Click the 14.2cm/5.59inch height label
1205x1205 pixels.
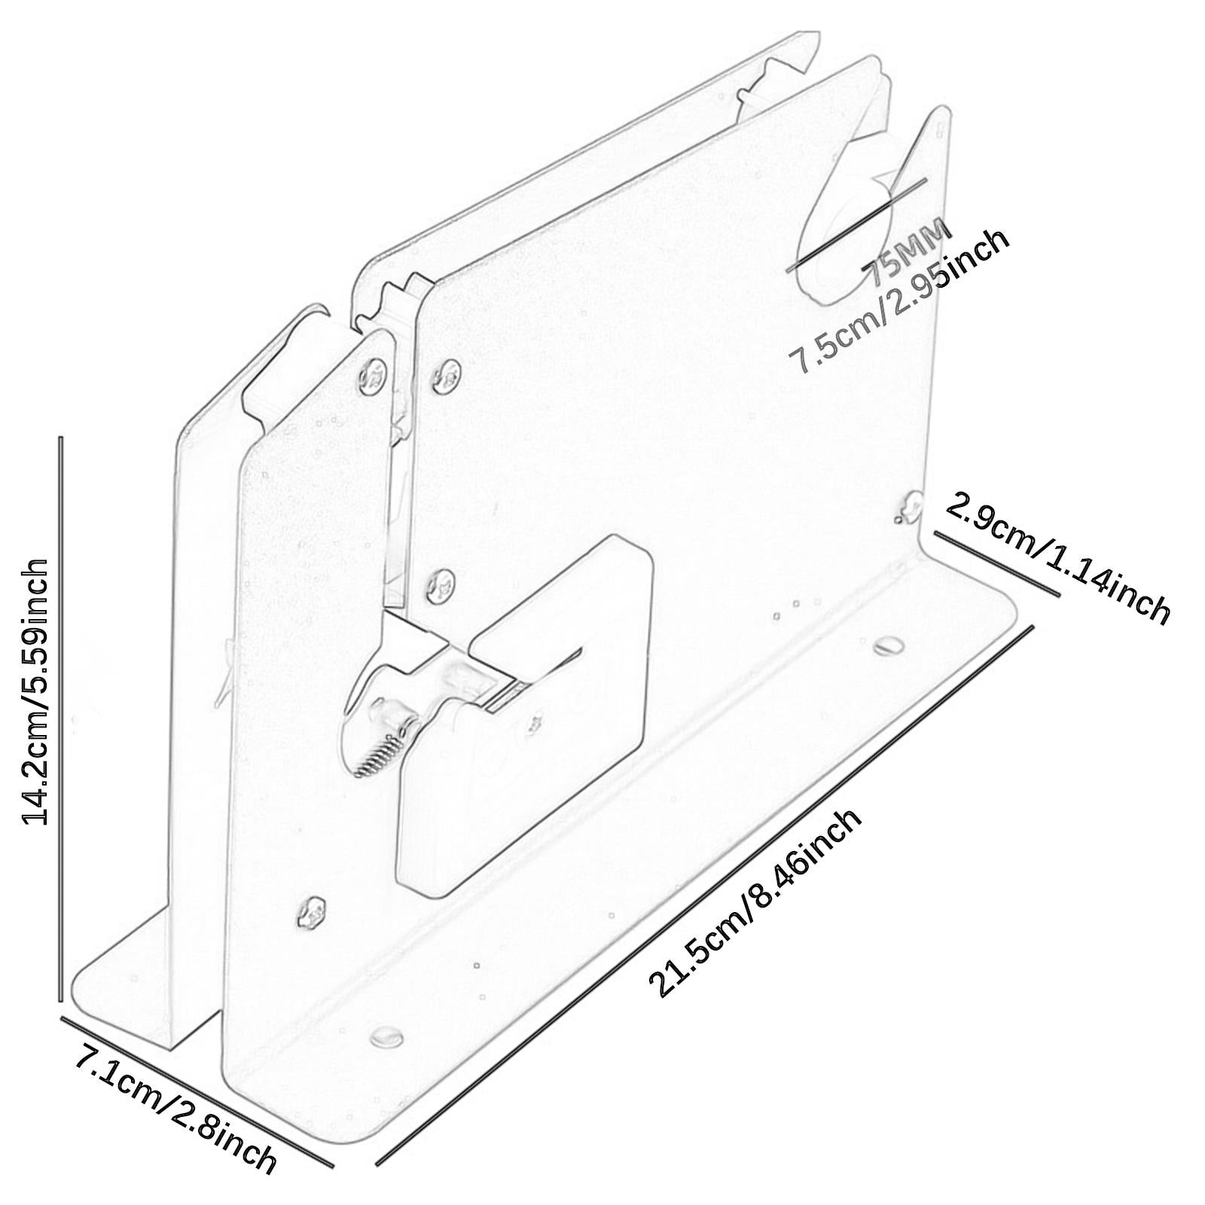[x=35, y=691]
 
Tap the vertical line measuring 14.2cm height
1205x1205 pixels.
[x=60, y=718]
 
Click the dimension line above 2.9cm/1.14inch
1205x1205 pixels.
[x=997, y=563]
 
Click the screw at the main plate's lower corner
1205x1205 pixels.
[x=311, y=914]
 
